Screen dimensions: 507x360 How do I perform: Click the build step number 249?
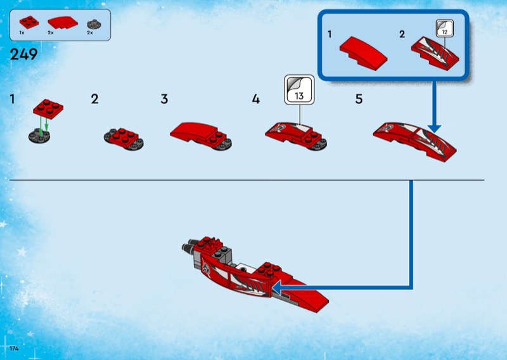coord(23,55)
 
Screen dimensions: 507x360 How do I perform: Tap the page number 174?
coord(14,349)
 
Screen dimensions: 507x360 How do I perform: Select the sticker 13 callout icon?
coord(299,89)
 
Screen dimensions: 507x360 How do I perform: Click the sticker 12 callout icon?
coord(445,28)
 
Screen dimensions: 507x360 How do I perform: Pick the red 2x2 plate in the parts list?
coord(29,22)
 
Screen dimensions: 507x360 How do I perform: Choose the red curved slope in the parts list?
coord(63,23)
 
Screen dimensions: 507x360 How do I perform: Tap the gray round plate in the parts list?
coord(94,24)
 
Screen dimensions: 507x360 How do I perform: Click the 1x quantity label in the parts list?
coord(22,33)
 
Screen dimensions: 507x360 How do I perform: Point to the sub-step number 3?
coord(164,99)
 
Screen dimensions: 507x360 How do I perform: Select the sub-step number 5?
coord(359,99)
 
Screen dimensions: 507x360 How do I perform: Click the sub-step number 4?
coord(256,99)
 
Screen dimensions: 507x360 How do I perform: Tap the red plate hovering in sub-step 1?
coord(48,108)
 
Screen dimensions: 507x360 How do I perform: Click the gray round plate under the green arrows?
coord(39,136)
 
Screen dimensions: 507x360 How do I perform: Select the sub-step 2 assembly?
coord(124,139)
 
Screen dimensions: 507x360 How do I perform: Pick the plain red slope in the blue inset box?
coord(363,53)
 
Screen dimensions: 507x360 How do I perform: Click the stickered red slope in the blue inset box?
coord(435,53)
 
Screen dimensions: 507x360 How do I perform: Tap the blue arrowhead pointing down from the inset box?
coord(434,128)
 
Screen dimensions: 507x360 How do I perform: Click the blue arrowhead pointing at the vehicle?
coord(276,287)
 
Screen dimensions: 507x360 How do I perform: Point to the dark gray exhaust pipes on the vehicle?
coord(189,247)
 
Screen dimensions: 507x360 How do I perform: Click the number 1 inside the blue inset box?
coord(330,34)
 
